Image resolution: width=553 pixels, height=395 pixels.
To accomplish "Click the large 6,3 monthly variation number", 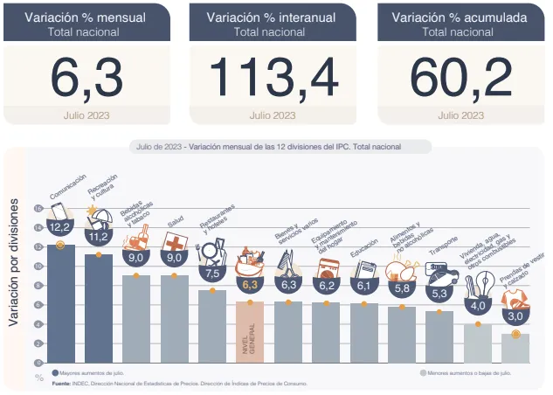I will coord(86,78).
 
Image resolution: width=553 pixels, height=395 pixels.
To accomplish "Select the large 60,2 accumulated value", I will coord(460,78).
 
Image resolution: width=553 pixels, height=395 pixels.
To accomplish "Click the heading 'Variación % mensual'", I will coord(86,17).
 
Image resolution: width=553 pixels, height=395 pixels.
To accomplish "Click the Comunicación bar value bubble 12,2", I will coord(60,226).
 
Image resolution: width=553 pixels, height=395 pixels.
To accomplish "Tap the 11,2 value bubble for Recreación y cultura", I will coord(98,236).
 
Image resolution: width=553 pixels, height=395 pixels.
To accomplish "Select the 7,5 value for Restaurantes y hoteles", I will coord(211,273).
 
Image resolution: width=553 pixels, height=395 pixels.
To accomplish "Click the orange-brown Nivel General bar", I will coord(250,332).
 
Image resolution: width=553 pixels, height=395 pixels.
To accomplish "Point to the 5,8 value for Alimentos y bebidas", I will coord(402,288).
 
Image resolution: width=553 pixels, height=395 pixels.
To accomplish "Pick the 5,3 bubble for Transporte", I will coord(439,293).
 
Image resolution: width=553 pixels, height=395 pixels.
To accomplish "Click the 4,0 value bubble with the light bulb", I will coord(478,306).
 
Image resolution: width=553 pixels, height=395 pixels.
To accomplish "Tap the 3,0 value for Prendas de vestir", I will coord(515,315).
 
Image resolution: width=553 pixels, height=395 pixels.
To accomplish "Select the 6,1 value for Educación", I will coord(364,285).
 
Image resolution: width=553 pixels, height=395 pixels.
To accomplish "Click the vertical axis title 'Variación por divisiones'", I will coord(14,261).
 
